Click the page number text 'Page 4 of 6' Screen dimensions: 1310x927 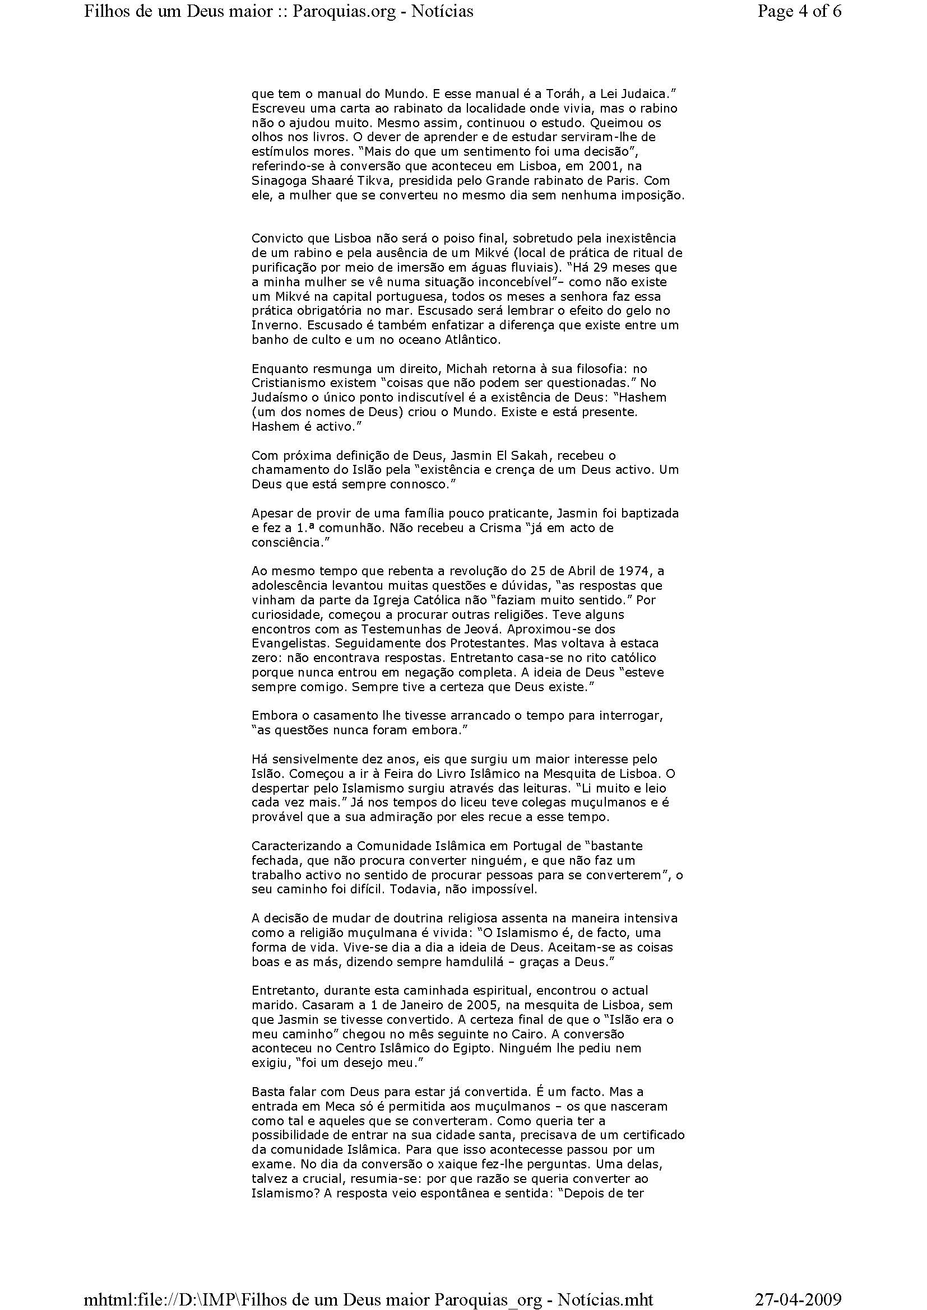coord(799,11)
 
